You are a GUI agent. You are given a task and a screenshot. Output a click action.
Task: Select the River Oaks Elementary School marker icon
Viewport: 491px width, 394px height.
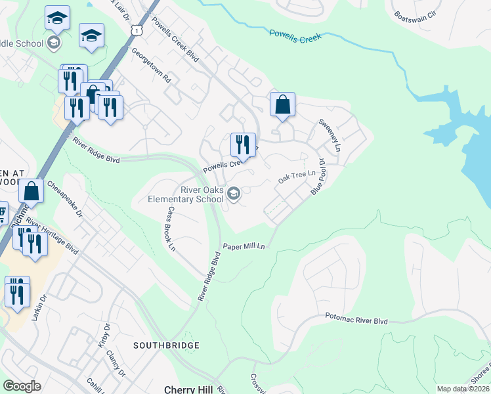coord(234,194)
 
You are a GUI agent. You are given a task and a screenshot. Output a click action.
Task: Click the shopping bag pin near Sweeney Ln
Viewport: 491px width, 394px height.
coord(282,105)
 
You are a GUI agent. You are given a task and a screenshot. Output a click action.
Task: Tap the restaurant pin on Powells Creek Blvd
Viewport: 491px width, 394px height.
coord(243,146)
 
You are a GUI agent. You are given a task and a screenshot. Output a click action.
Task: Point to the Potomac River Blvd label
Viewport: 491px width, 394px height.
coord(356,319)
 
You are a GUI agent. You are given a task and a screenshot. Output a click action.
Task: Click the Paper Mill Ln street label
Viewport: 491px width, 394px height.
coord(244,246)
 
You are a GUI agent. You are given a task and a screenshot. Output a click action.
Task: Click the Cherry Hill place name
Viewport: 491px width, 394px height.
coord(188,389)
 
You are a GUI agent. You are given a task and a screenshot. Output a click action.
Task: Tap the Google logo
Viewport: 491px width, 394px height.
coord(22,386)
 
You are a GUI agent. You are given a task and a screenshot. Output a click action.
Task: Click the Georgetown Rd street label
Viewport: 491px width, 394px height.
coord(151,65)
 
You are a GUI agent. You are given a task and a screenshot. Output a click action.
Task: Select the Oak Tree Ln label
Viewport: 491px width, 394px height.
coord(292,178)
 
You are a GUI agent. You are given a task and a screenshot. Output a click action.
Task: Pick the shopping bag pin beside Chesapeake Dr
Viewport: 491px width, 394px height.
coord(32,192)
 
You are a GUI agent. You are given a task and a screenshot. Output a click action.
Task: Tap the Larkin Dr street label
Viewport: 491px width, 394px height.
coord(39,307)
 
